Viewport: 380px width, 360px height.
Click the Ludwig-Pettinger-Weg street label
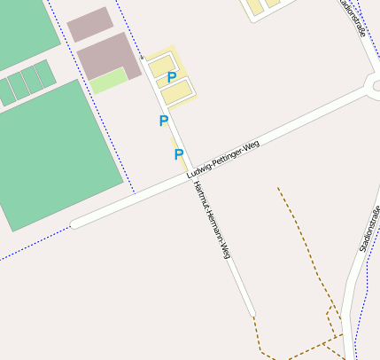tap(223, 160)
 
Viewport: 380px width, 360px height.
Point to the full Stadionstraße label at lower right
tap(369, 229)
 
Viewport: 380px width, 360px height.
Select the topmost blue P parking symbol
tap(172, 78)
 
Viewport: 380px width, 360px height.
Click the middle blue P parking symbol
tap(163, 121)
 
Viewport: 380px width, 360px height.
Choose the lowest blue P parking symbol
tap(178, 155)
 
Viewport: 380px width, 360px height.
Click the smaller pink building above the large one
tap(90, 25)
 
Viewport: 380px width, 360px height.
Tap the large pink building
tap(110, 56)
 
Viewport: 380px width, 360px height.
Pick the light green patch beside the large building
tap(108, 81)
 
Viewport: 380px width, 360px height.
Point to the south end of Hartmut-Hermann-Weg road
tap(252, 312)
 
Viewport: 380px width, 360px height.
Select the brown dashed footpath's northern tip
tap(278, 188)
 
